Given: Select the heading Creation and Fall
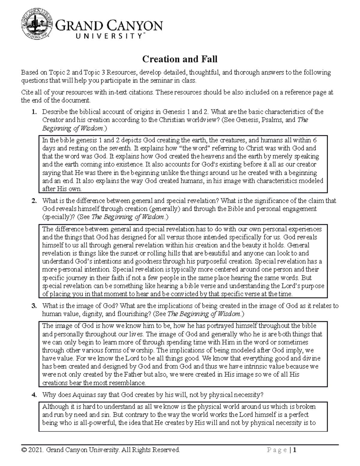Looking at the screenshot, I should (179, 59).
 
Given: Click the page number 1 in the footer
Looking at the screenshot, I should (295, 450).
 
